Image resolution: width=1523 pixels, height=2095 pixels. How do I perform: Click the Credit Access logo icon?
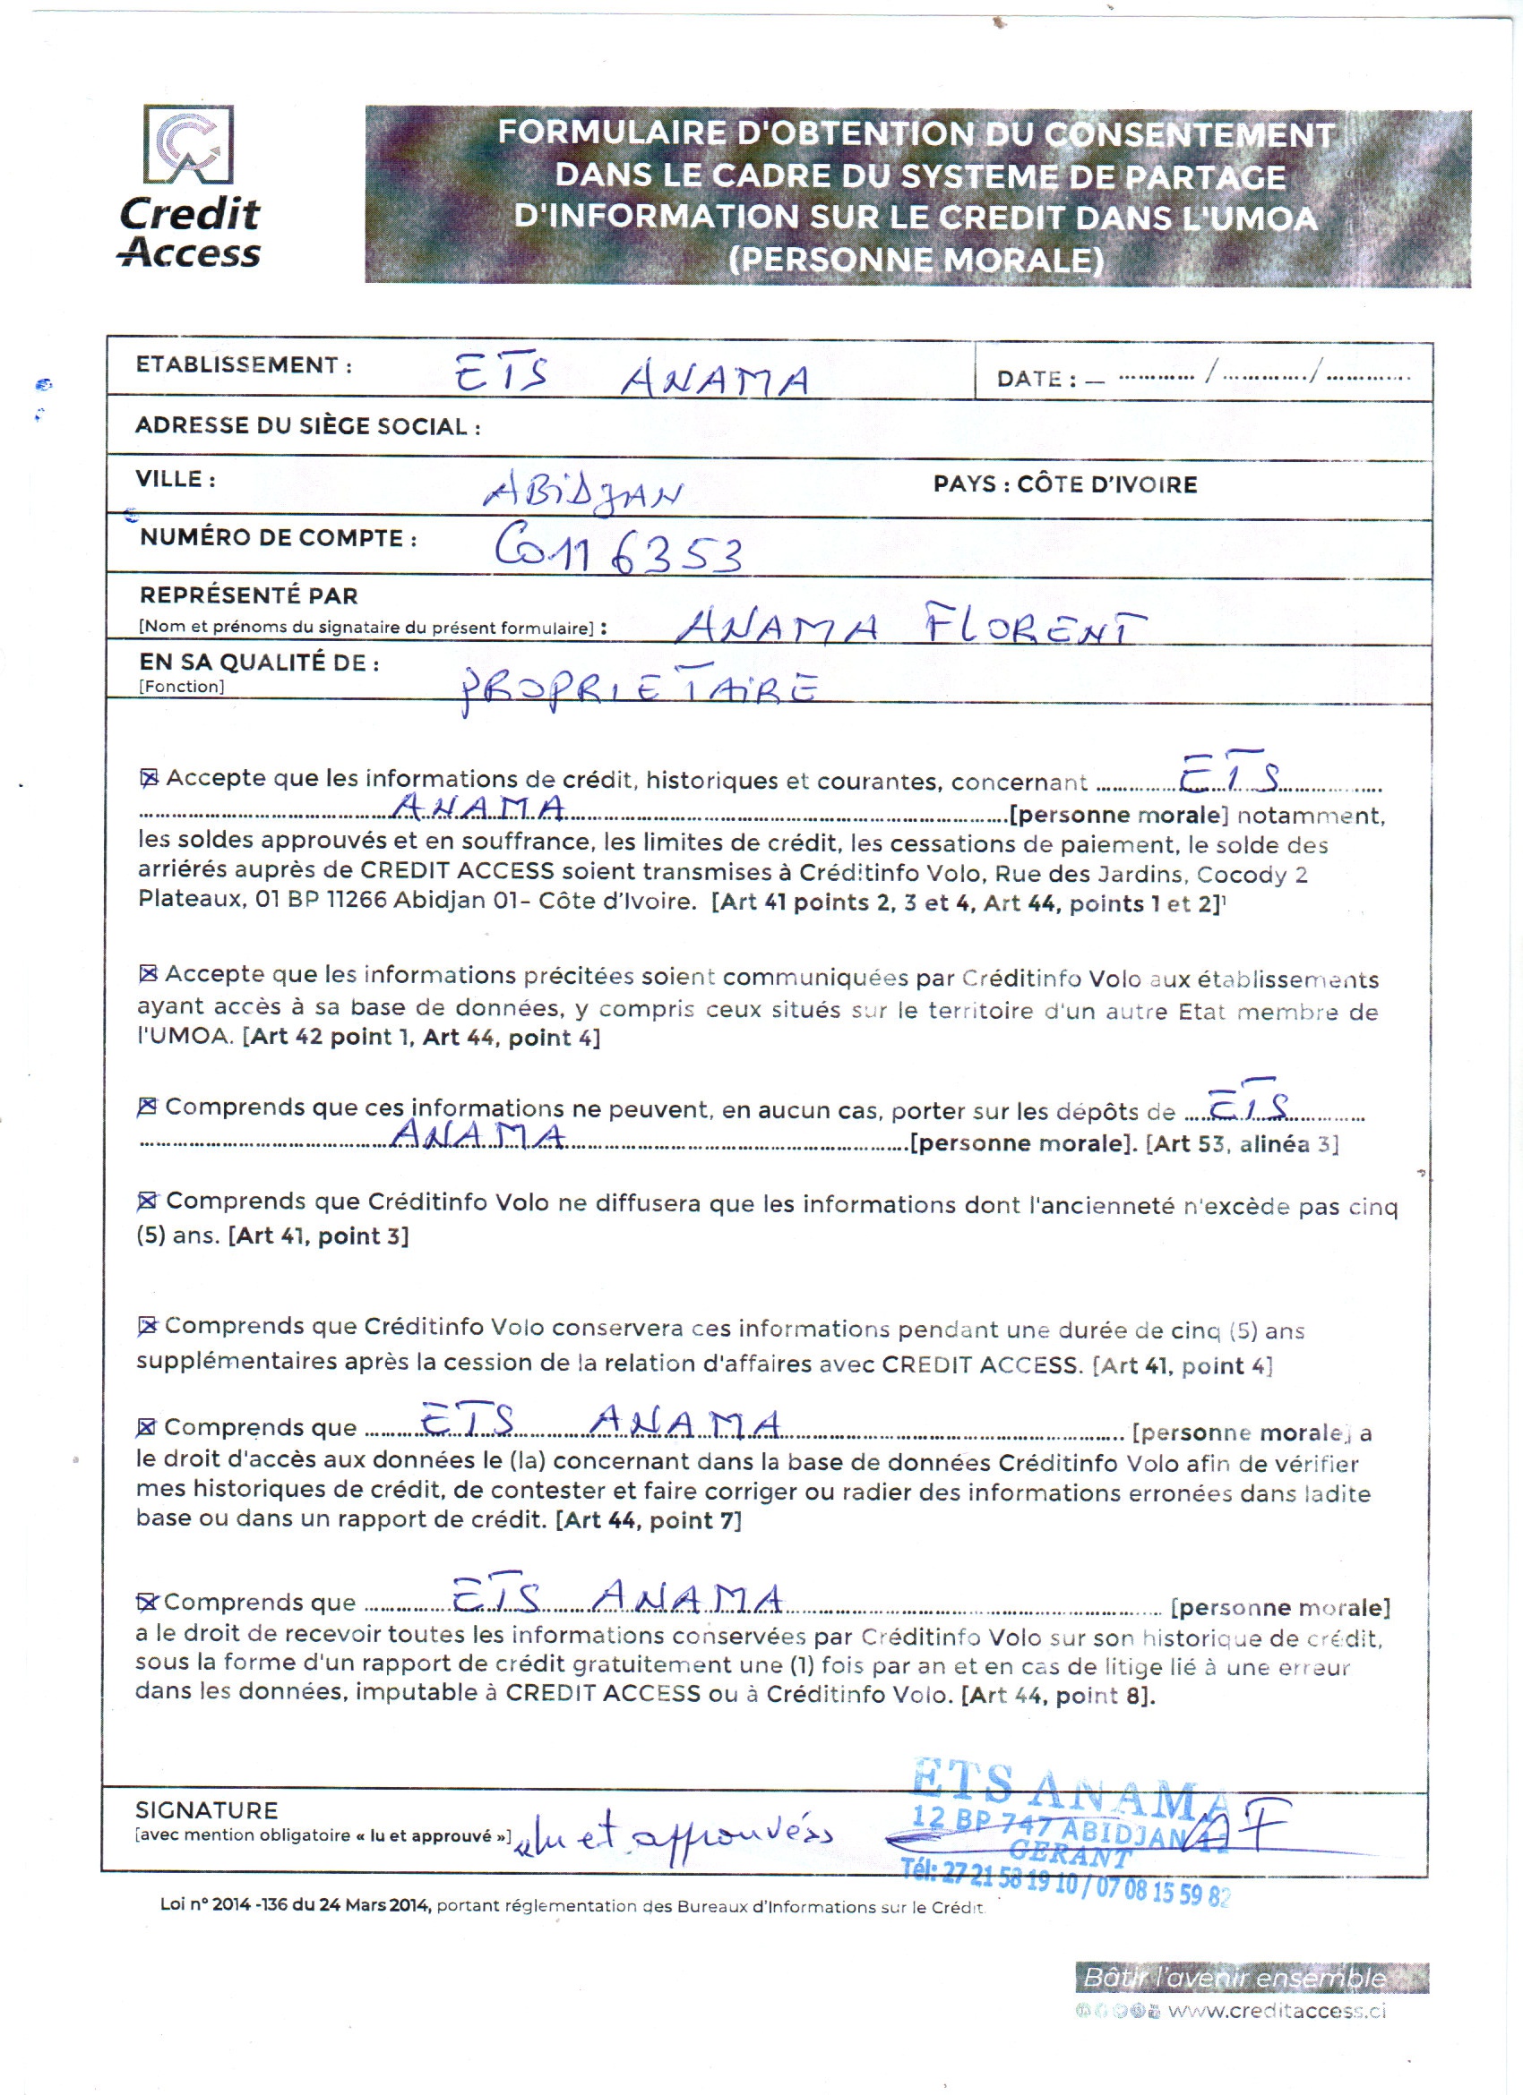point(188,144)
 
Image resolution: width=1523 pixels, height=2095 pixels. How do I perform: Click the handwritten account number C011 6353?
point(617,550)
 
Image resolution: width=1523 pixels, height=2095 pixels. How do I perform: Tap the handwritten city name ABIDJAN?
point(582,493)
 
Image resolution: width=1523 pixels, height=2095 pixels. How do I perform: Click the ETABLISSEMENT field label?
point(244,365)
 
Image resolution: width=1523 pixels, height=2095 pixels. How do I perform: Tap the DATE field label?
point(1036,379)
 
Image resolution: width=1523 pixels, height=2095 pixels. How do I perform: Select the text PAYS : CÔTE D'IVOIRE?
point(1064,484)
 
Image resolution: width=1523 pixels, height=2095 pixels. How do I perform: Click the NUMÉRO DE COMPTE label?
point(278,537)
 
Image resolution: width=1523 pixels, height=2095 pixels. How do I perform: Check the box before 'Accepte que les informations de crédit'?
point(149,779)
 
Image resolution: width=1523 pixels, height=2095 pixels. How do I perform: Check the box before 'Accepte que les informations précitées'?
point(148,973)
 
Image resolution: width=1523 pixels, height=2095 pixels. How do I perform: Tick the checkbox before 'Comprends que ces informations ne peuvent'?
point(147,1107)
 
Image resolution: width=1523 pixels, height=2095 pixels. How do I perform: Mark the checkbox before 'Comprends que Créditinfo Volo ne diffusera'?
point(147,1201)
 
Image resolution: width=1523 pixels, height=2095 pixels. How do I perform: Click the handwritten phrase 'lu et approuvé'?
point(675,1835)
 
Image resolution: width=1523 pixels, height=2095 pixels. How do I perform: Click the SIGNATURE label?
point(206,1809)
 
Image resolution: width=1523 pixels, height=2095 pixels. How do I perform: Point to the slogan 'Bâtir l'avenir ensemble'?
point(1235,1978)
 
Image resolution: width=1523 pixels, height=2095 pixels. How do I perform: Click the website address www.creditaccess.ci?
point(1278,2011)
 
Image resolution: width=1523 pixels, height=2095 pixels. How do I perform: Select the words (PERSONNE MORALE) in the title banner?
point(916,260)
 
